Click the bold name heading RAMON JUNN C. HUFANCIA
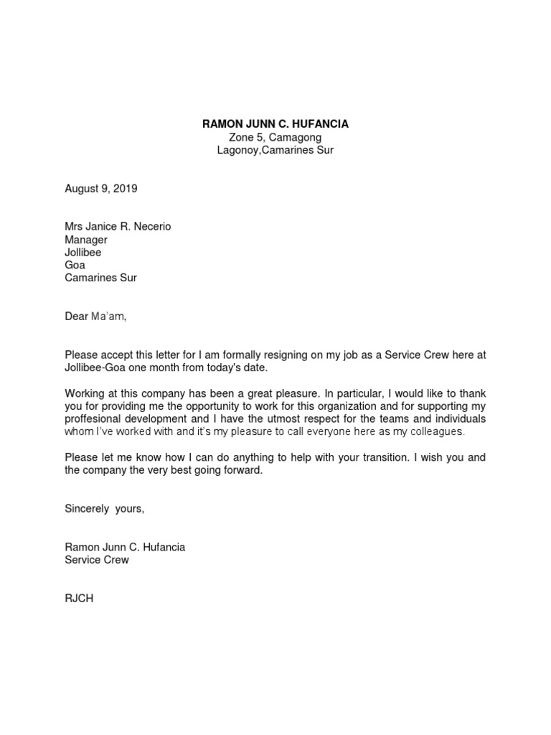pyautogui.click(x=275, y=124)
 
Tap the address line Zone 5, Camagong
pyautogui.click(x=275, y=137)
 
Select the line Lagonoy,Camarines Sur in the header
pyautogui.click(x=275, y=150)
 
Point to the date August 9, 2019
pyautogui.click(x=100, y=189)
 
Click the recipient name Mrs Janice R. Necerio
pyautogui.click(x=118, y=227)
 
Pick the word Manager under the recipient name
pyautogui.click(x=86, y=240)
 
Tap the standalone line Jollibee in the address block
pyautogui.click(x=83, y=253)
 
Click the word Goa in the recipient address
pyautogui.click(x=75, y=265)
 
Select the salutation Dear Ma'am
pyautogui.click(x=95, y=317)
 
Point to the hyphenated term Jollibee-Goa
pyautogui.click(x=97, y=367)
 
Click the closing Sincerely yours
pyautogui.click(x=105, y=509)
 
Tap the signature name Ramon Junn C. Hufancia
pyautogui.click(x=125, y=547)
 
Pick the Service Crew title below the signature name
pyautogui.click(x=97, y=560)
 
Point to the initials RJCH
pyautogui.click(x=79, y=598)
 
